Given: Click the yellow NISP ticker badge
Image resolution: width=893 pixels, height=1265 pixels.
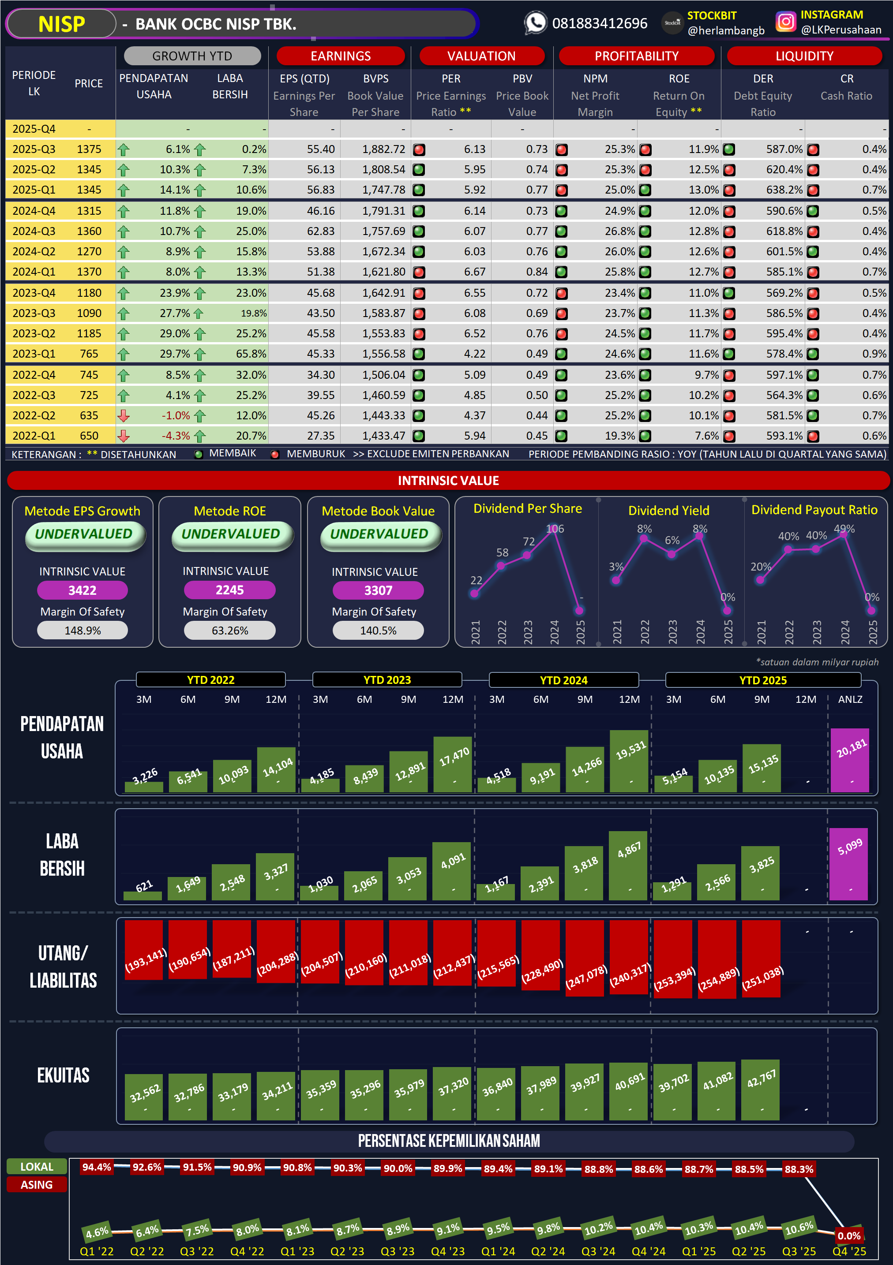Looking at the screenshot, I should point(61,24).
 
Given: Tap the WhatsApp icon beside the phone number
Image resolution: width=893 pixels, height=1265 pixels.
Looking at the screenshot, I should point(535,23).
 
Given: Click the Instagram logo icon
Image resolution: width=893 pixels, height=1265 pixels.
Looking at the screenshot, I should point(785,22).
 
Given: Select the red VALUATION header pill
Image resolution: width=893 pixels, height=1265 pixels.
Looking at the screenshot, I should point(481,56).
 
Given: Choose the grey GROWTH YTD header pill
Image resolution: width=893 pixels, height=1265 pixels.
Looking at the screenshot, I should point(192,56).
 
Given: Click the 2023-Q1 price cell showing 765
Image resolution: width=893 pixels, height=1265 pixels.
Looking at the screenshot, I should point(89,354).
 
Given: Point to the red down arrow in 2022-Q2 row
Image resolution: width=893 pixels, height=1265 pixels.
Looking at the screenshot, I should point(124,415).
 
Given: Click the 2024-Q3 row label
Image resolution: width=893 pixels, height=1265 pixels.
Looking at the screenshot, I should point(34,231).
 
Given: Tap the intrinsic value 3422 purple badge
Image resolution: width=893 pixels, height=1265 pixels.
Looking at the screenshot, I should point(82,590).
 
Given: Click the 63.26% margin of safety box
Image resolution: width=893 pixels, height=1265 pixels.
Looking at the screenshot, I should point(229,631).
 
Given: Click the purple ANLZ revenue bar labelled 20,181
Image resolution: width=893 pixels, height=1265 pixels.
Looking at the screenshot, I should point(849,760).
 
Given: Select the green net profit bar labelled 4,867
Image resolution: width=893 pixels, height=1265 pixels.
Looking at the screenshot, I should point(628,865).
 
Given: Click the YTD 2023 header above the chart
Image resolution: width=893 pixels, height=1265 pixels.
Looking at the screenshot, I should point(386,680).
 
